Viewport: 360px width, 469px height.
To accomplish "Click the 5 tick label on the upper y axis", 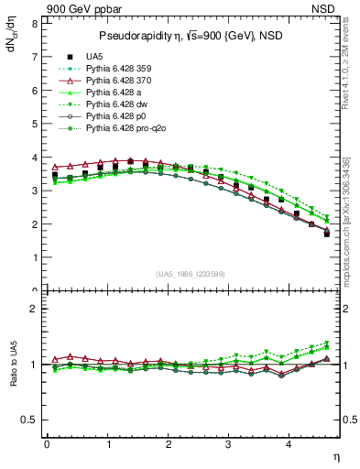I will point(37,124).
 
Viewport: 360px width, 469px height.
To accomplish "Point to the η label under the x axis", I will point(336,455).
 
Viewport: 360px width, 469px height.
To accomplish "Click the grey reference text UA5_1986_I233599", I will point(192,274).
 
